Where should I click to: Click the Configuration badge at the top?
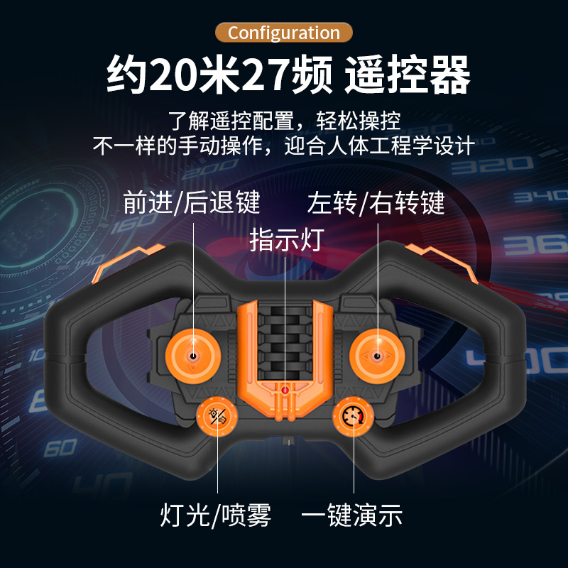click(284, 33)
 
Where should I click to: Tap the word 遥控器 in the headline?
click(408, 75)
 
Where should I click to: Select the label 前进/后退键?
click(192, 203)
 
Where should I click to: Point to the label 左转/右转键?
click(376, 203)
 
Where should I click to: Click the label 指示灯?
click(286, 239)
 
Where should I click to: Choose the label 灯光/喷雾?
click(215, 515)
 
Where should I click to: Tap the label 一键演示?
click(351, 515)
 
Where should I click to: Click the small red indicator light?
click(285, 389)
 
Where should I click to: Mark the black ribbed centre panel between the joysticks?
click(285, 334)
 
